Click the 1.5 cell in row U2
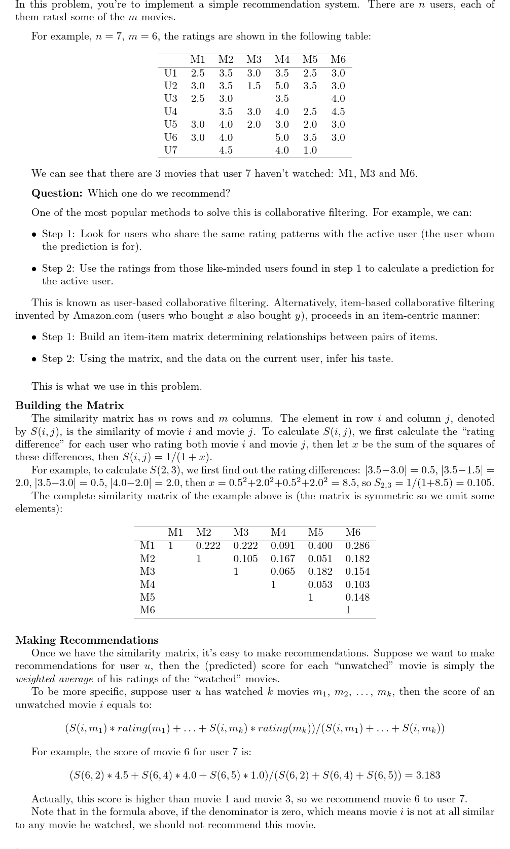pyautogui.click(x=254, y=86)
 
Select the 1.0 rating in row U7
pyautogui.click(x=310, y=150)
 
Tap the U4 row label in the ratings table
pyautogui.click(x=171, y=112)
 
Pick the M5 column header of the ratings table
pyautogui.click(x=310, y=60)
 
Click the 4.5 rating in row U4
pyautogui.click(x=338, y=112)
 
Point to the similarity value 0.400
pyautogui.click(x=320, y=545)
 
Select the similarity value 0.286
pyautogui.click(x=357, y=545)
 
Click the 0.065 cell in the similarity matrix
pyautogui.click(x=283, y=571)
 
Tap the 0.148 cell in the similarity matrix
pyautogui.click(x=357, y=597)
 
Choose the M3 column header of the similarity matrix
pyautogui.click(x=241, y=532)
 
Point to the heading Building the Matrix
pyautogui.click(x=69, y=405)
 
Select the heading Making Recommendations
pyautogui.click(x=87, y=640)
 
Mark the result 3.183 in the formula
pyautogui.click(x=428, y=775)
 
